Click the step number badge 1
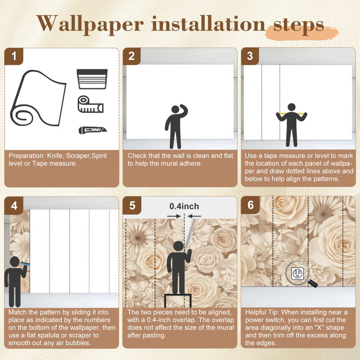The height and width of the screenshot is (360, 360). click(x=14, y=57)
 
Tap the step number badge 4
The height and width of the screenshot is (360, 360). click(x=14, y=206)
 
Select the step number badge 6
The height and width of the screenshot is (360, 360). click(x=250, y=205)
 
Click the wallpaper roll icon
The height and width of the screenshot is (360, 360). click(x=38, y=98)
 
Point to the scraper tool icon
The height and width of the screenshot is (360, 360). click(x=92, y=79)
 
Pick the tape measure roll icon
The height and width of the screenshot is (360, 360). click(x=90, y=104)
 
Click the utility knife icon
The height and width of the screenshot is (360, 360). click(x=93, y=130)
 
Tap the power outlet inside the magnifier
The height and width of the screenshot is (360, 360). click(x=297, y=274)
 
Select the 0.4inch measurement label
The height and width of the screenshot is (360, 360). click(x=184, y=206)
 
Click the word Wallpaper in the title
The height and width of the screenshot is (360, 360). click(x=90, y=25)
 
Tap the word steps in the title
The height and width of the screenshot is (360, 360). click(x=298, y=25)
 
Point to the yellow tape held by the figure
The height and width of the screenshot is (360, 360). click(x=292, y=113)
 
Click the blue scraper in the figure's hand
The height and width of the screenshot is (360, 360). click(x=25, y=264)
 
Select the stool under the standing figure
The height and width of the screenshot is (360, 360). click(x=178, y=301)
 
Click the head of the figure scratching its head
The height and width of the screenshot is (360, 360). click(x=175, y=109)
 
